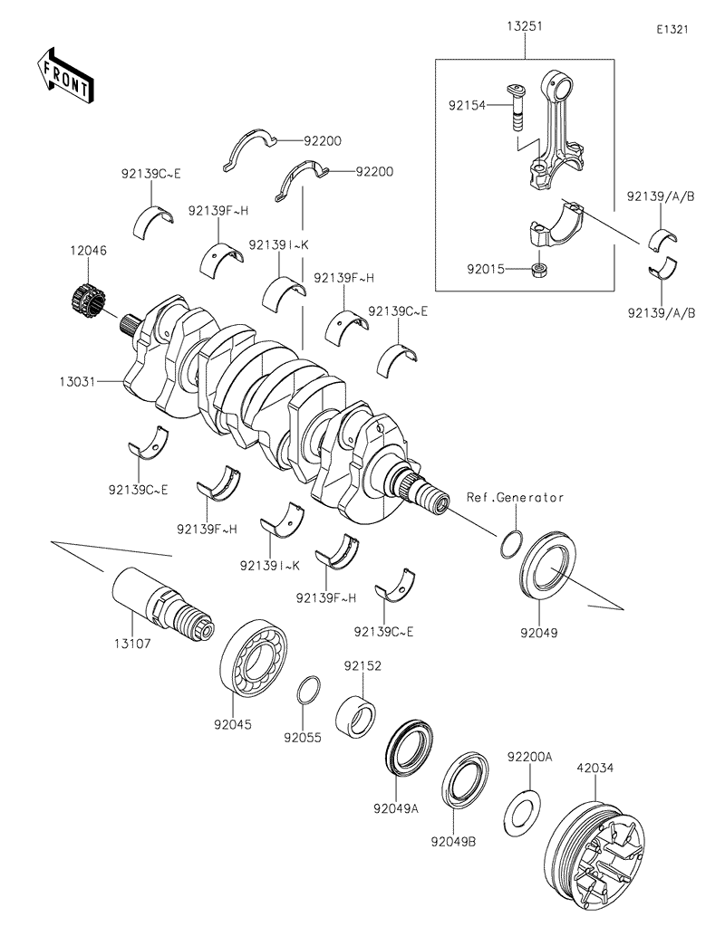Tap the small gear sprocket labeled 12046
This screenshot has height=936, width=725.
pyautogui.click(x=85, y=300)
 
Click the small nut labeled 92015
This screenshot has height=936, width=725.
pyautogui.click(x=540, y=269)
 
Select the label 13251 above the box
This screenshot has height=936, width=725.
pyautogui.click(x=525, y=27)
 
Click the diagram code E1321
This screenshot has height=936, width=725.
pyautogui.click(x=673, y=29)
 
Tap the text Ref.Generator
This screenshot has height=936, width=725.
pyautogui.click(x=516, y=498)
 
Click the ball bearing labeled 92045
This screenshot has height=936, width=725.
pyautogui.click(x=256, y=657)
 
